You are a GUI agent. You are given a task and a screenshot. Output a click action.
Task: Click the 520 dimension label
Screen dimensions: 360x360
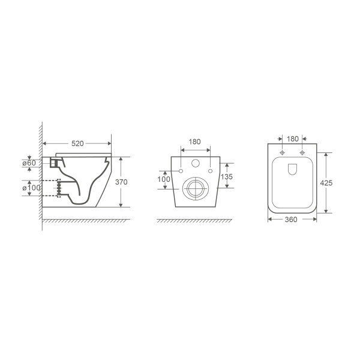77,143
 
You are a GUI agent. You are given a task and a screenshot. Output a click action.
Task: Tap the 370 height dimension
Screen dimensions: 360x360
121,182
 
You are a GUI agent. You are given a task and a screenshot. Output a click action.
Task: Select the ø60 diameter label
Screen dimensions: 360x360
29,163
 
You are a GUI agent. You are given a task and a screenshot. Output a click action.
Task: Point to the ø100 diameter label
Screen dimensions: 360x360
31,188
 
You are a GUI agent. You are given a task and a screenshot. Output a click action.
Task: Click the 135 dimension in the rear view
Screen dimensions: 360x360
227,176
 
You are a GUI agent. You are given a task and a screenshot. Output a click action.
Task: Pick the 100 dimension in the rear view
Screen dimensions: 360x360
164,179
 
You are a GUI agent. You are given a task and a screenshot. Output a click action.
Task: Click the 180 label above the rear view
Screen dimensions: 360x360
194,142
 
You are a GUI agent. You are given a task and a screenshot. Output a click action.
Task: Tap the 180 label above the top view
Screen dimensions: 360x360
293,139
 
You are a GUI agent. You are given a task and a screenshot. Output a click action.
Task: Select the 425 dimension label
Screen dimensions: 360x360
326,183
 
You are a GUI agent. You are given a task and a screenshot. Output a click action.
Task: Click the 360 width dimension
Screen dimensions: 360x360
291,220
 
